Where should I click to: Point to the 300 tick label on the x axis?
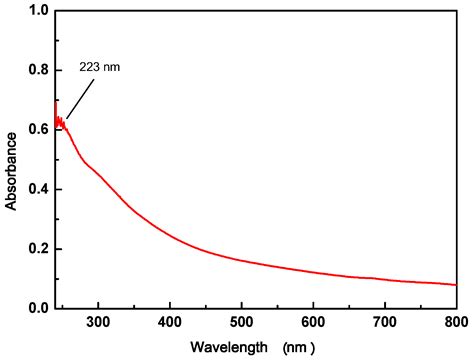[98, 322]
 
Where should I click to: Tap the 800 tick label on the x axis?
[455, 322]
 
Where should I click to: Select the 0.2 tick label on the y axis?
[38, 249]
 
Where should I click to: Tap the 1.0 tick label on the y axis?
[38, 11]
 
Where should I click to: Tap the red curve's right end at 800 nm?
[455, 285]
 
